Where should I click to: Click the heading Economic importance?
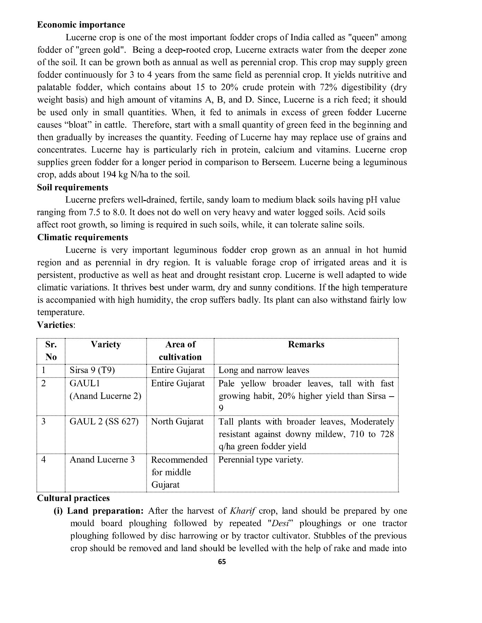point(81,25)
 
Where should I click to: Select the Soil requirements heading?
point(73,188)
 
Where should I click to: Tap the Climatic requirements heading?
point(82,237)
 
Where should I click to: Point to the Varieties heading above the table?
point(55,325)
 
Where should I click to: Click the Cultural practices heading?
point(73,498)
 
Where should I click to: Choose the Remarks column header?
point(306,344)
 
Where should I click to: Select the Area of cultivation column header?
point(180,351)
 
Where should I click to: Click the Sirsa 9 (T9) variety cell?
point(92,370)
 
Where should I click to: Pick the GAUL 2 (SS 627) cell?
point(104,422)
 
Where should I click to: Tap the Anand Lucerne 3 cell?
point(102,460)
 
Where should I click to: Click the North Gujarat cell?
point(177,422)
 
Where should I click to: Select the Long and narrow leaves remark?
point(263,370)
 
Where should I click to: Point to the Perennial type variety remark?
point(261,460)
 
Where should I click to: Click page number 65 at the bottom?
point(222,562)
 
